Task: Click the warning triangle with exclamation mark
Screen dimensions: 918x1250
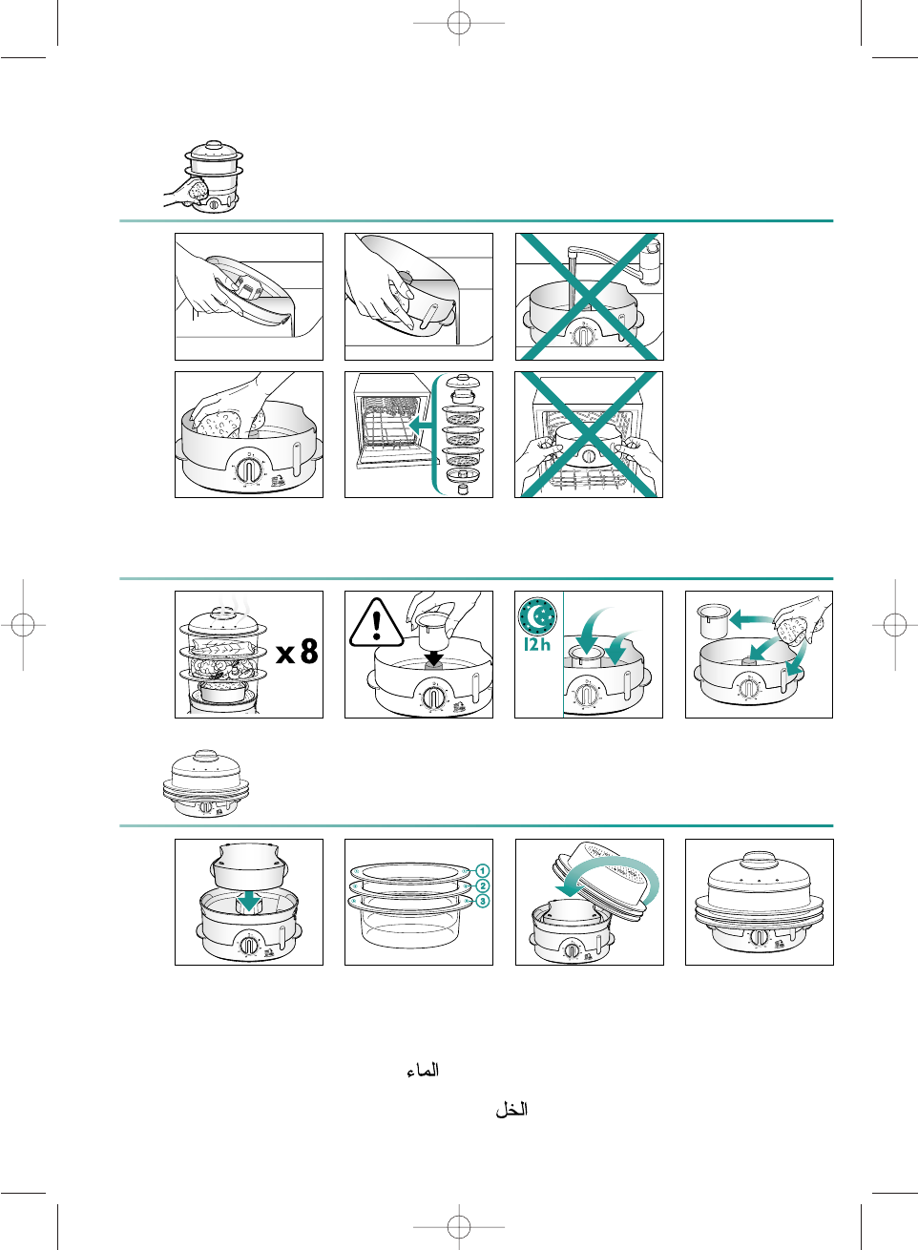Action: [377, 623]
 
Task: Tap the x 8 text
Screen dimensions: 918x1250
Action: [297, 651]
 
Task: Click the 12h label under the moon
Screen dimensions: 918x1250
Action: [537, 644]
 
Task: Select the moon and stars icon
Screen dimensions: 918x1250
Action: [537, 616]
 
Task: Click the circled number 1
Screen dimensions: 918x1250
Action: [483, 870]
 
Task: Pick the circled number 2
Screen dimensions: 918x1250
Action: [483, 886]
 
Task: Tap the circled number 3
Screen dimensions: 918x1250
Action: [483, 901]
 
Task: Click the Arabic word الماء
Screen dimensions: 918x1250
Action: [423, 1070]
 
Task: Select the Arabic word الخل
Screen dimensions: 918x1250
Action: [511, 1110]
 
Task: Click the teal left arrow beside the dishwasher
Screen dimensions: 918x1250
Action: [421, 426]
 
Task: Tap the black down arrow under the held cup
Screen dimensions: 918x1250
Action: [433, 657]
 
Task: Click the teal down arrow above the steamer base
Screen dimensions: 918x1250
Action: [248, 900]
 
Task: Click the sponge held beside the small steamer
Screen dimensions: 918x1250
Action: [198, 189]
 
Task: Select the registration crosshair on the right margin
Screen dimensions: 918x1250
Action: [895, 624]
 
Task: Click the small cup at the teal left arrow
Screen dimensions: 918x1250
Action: [713, 620]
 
